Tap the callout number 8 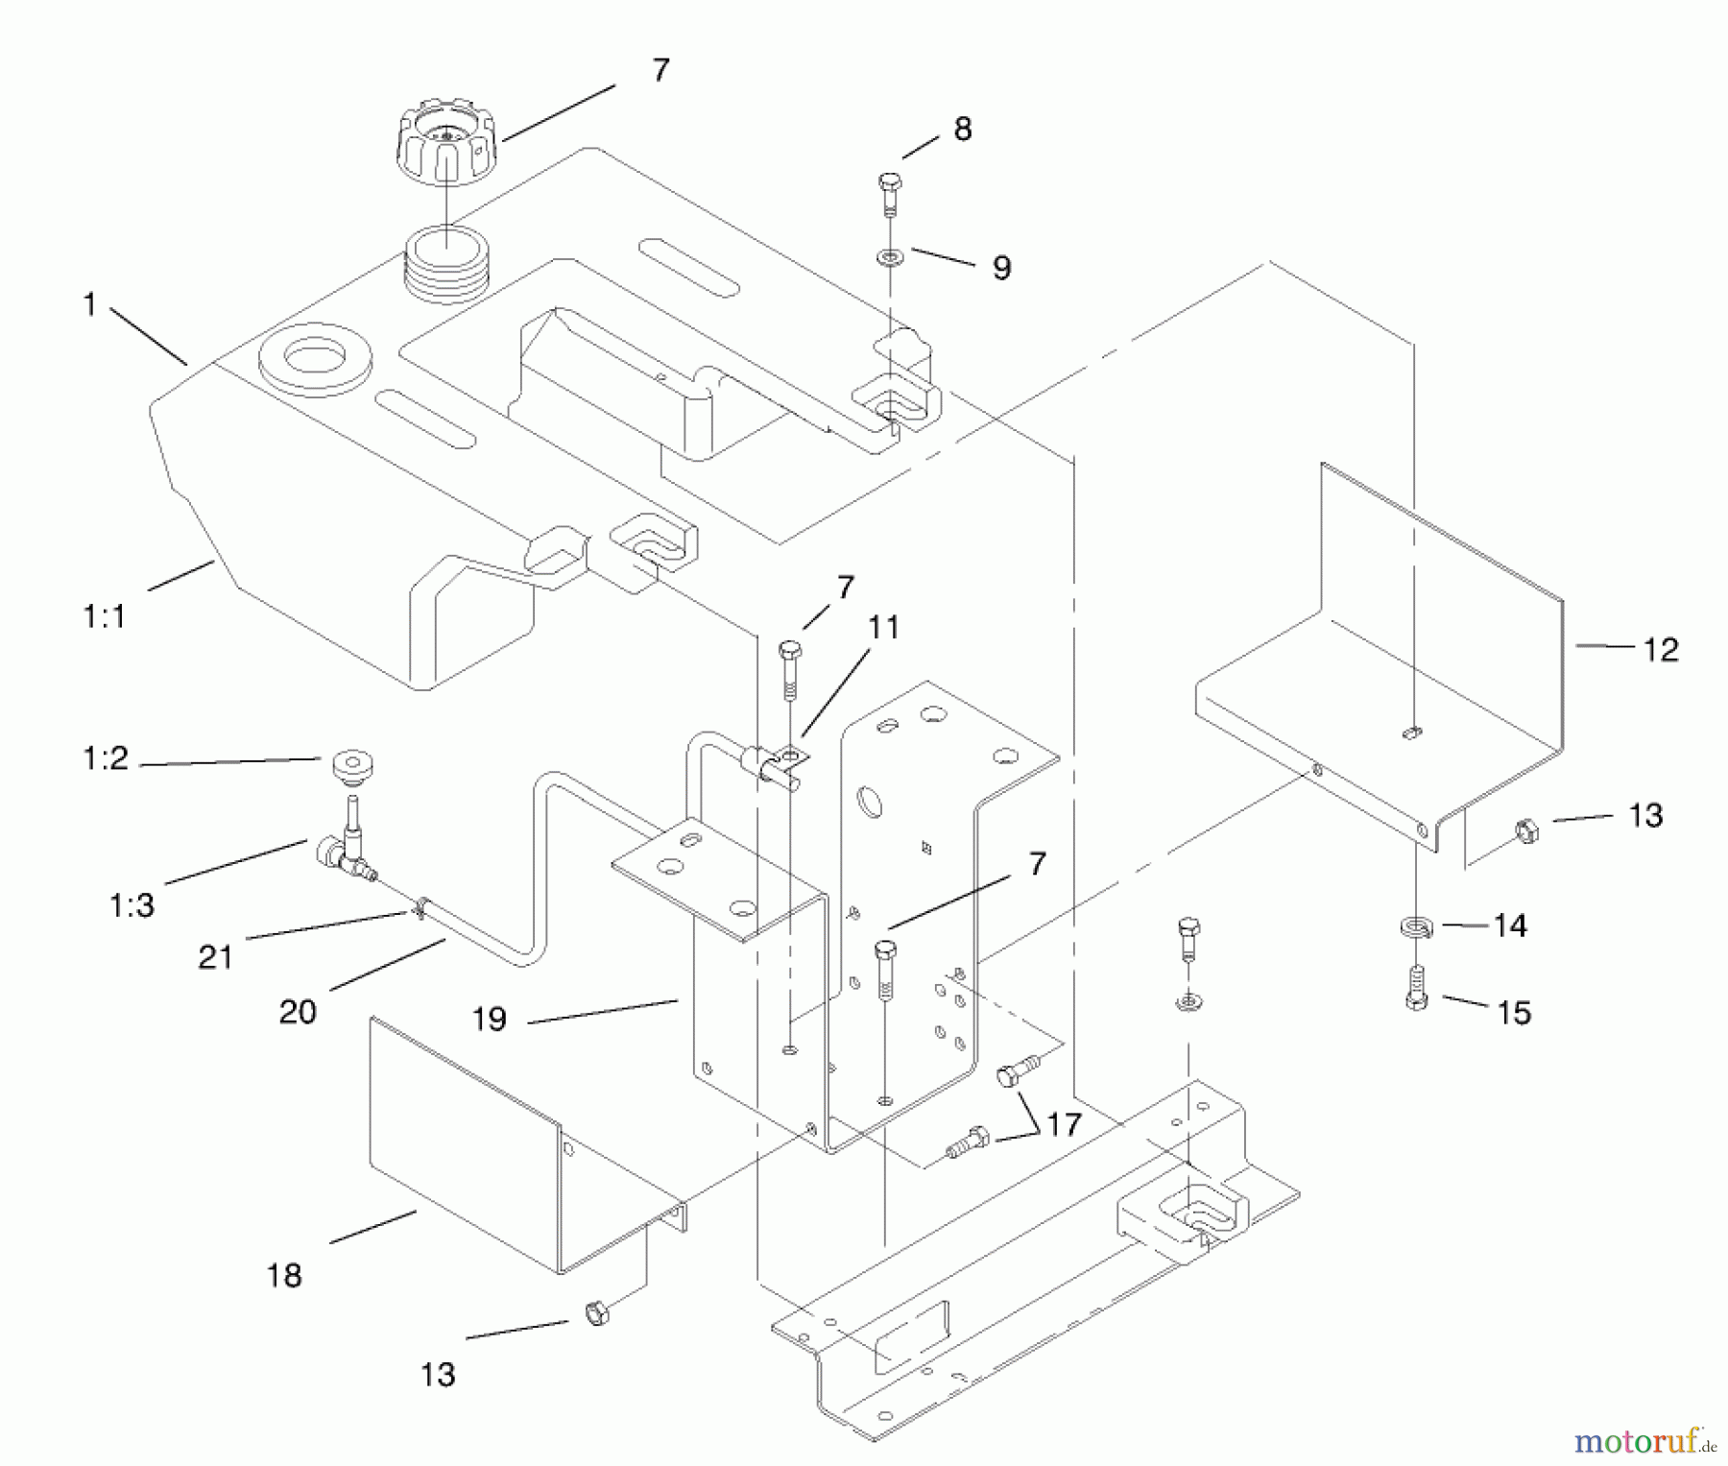(962, 129)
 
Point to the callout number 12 (1660, 650)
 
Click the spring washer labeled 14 (1415, 927)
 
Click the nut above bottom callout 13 (597, 1312)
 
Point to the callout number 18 (284, 1275)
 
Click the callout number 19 (489, 1019)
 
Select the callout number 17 (1063, 1124)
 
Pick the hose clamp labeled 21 (419, 905)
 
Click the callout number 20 (298, 1011)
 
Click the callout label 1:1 (104, 615)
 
